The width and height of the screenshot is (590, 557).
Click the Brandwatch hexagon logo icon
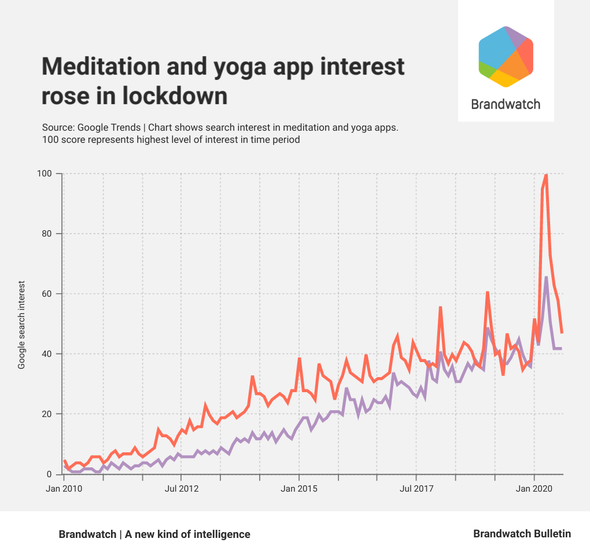506,57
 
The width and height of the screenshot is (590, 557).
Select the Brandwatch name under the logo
506,104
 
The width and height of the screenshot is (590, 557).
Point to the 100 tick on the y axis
45,174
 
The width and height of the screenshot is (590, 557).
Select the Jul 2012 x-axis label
182,489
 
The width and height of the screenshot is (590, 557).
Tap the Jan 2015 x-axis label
299,489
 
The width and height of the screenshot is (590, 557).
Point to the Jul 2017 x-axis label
416,489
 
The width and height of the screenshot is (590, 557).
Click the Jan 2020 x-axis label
533,489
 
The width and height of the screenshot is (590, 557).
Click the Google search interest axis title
22,324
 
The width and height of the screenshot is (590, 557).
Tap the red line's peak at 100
546,175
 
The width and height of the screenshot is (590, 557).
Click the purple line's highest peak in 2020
546,277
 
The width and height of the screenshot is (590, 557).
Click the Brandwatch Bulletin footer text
522,534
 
